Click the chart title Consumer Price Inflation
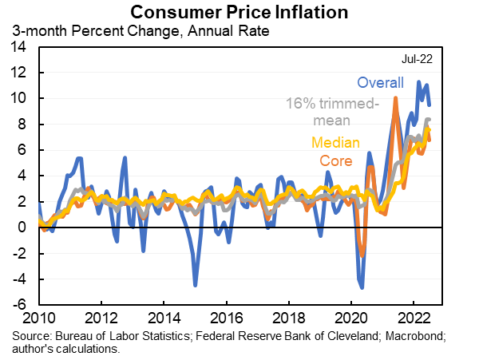[x=239, y=12]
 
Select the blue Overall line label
[x=380, y=83]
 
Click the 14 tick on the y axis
[x=19, y=47]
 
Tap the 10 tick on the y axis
[x=19, y=98]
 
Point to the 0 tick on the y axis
[x=23, y=227]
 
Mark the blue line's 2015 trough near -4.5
[x=195, y=284]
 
